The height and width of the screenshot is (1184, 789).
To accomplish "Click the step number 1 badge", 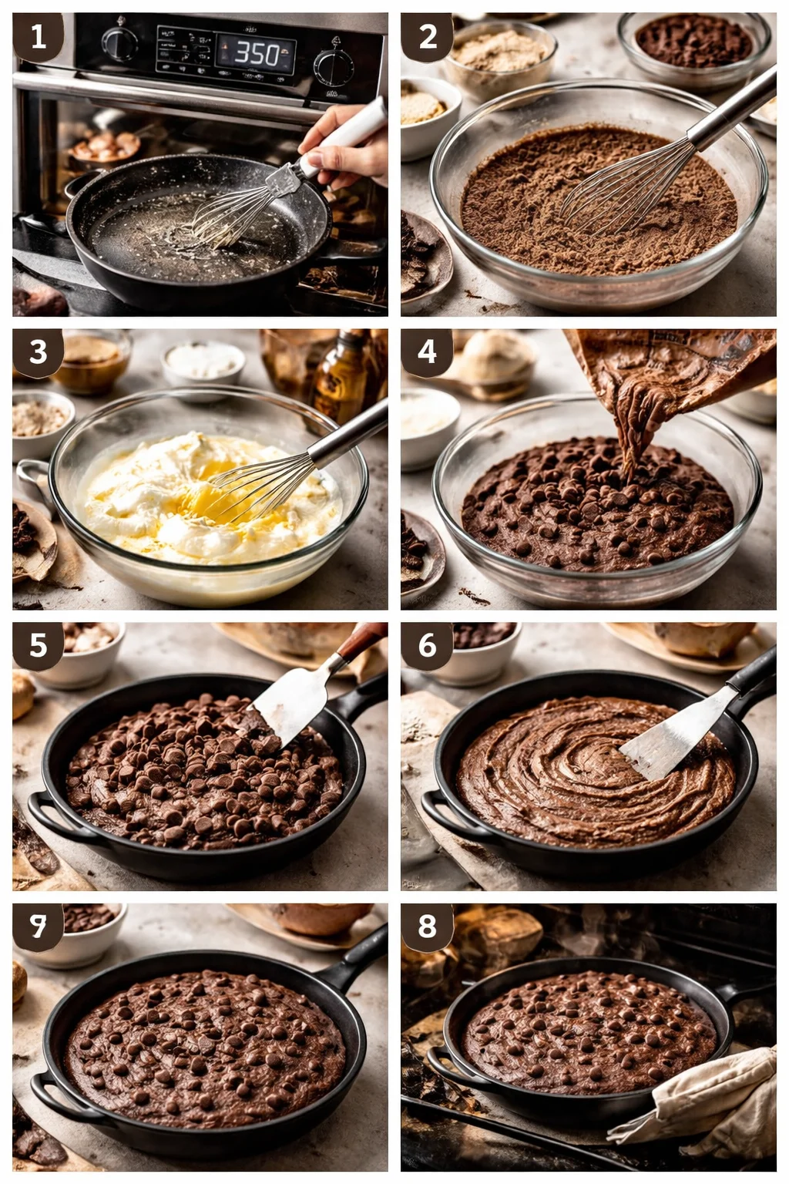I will click(38, 36).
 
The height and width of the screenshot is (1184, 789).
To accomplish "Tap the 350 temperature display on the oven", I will click(257, 53).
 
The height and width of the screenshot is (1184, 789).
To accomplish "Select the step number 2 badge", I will click(428, 36).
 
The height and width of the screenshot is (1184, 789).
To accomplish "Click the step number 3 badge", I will click(38, 352).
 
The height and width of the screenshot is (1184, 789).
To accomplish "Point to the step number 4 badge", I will click(428, 352).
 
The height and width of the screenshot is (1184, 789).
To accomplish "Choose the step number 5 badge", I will click(38, 645).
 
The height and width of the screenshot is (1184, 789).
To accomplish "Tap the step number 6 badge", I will click(428, 645).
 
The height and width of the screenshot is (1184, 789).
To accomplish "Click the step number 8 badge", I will click(428, 926).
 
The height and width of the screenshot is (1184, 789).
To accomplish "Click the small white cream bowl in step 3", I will click(203, 360).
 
